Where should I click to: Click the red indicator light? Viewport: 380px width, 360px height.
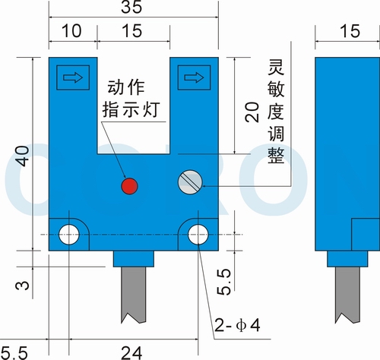pos(129,186)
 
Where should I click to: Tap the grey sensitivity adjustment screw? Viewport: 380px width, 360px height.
pos(190,182)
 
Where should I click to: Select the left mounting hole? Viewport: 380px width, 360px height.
pos(69,235)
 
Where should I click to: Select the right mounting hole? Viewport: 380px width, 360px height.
pos(198,235)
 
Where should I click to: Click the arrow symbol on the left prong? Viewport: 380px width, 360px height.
pos(73,77)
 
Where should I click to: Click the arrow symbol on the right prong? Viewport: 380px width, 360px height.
pos(194,77)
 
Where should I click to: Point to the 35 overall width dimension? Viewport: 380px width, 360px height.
pos(131,7)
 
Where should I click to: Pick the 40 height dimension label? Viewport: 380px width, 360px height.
pos(24,156)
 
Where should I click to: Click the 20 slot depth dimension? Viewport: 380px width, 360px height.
pos(252,112)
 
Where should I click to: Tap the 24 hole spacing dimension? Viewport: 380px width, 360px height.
pos(131,353)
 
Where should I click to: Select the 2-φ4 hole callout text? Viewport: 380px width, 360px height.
pos(237,325)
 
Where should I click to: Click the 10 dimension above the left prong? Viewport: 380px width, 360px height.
pos(71,31)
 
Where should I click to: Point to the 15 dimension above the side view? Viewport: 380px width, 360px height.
pos(350,31)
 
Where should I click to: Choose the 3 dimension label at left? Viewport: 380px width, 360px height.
pos(23,285)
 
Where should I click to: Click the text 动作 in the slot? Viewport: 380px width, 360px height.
pos(126,88)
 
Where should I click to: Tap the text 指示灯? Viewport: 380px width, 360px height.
pos(131,109)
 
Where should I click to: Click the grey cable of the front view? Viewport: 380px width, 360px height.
pos(134,295)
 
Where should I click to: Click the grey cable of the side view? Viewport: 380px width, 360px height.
pos(347,295)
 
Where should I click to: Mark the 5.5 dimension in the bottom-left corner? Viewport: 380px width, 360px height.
pos(14,353)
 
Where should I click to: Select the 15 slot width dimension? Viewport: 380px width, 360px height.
pos(132,31)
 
